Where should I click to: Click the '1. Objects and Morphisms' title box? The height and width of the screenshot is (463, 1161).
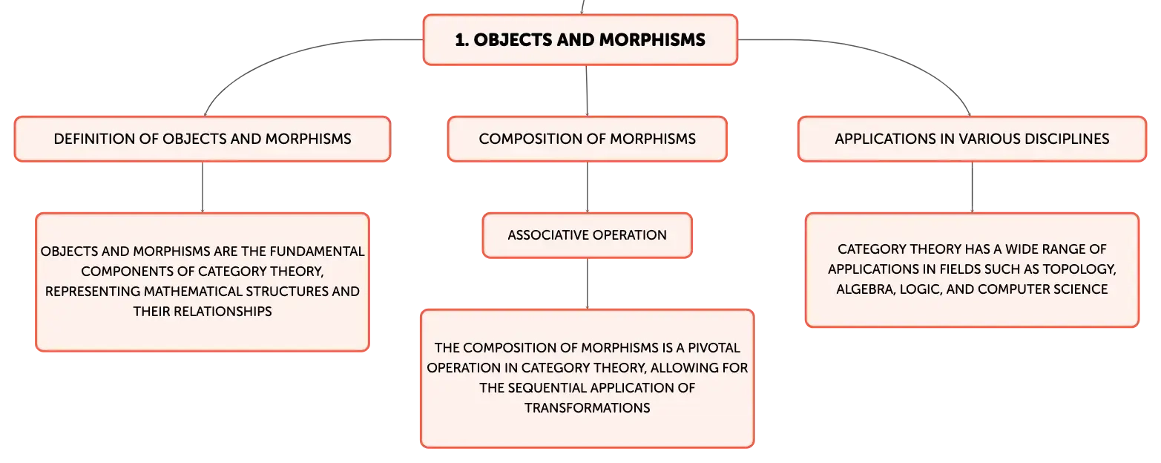[x=580, y=40]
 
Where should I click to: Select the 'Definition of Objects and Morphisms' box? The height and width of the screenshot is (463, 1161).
[x=202, y=139]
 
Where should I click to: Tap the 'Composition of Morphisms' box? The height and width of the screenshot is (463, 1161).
[x=588, y=139]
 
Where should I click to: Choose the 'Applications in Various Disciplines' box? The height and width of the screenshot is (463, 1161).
[x=972, y=139]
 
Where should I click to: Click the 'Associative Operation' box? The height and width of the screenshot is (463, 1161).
[x=588, y=235]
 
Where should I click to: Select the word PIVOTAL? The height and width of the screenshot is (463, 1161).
[x=714, y=348]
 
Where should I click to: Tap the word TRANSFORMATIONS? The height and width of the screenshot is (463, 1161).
[x=588, y=408]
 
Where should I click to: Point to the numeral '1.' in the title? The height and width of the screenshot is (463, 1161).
[x=462, y=40]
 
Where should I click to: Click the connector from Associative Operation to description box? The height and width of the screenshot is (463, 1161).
[x=588, y=283]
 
